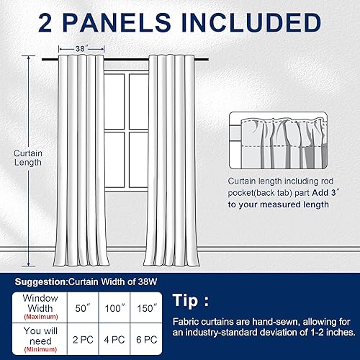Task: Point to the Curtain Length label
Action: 28,158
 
